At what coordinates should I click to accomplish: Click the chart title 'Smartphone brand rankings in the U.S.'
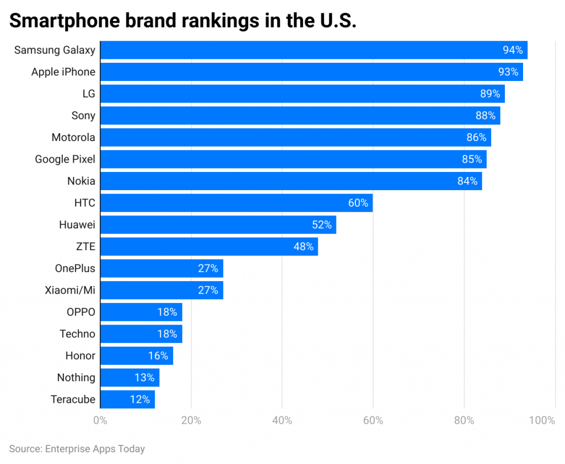click(x=183, y=20)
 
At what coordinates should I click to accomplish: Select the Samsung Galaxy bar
click(x=313, y=50)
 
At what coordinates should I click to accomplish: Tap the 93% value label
click(x=508, y=72)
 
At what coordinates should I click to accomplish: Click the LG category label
click(x=88, y=94)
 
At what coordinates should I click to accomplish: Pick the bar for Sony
click(x=300, y=116)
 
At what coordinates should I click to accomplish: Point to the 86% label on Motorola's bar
click(x=476, y=138)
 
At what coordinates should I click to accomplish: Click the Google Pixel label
click(x=65, y=159)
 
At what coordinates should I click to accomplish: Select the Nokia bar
click(x=291, y=181)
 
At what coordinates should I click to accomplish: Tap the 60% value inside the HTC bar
click(x=358, y=203)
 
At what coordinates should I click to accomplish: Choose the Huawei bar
click(x=218, y=225)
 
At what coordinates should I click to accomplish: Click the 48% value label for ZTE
click(x=303, y=246)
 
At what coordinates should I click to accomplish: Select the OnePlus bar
click(x=161, y=268)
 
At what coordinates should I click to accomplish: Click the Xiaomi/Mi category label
click(x=70, y=290)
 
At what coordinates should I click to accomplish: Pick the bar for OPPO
click(x=141, y=312)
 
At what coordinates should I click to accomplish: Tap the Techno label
click(x=77, y=334)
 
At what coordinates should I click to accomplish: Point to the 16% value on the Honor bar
click(x=158, y=356)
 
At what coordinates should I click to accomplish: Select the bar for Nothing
click(x=130, y=377)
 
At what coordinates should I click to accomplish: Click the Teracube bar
click(x=127, y=400)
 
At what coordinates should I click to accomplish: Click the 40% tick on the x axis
click(x=282, y=421)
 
